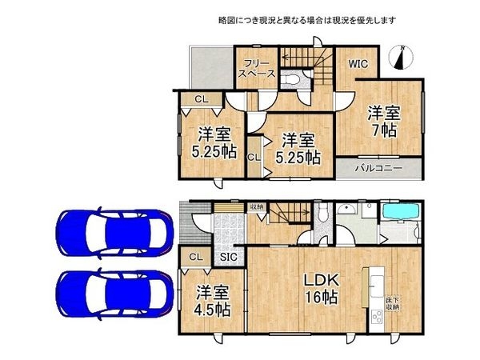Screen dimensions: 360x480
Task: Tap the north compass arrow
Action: pyautogui.click(x=402, y=58)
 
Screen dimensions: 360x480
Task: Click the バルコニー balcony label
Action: pyautogui.click(x=378, y=170)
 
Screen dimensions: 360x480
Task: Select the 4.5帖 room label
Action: pyautogui.click(x=210, y=300)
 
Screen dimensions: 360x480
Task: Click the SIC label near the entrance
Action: pyautogui.click(x=228, y=258)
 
